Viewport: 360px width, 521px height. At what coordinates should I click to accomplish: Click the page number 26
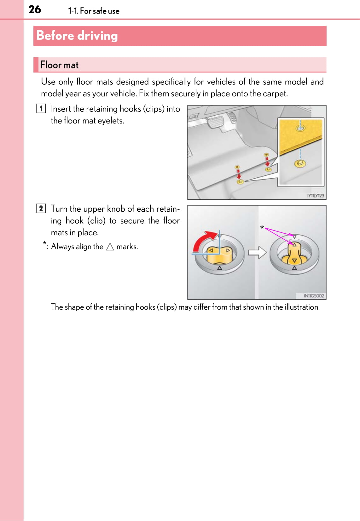tap(35, 9)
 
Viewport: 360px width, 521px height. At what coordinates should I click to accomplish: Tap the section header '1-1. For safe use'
tap(94, 11)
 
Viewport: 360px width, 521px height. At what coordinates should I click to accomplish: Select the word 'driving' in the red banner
tap(97, 36)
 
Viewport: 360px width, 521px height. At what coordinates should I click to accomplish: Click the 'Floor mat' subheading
tap(59, 65)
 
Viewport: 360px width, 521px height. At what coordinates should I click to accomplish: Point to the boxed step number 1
tap(41, 109)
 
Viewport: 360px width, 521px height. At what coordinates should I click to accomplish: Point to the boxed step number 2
tap(41, 209)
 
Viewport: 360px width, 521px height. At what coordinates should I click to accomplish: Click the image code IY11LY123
tap(315, 196)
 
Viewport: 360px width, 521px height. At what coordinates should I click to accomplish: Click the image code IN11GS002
tap(314, 296)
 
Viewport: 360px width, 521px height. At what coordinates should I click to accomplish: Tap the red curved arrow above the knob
tap(203, 241)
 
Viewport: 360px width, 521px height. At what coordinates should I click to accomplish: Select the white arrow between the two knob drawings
tap(257, 252)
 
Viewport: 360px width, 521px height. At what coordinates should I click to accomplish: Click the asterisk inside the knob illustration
tap(262, 227)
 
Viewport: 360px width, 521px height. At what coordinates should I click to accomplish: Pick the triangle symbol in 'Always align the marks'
tap(110, 247)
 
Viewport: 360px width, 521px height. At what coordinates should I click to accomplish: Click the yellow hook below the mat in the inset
tap(300, 163)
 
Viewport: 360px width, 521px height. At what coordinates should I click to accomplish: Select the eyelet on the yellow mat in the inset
tap(300, 128)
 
